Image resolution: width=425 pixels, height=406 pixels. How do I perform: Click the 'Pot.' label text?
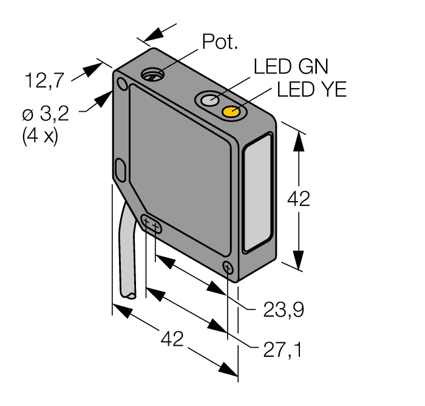(x=220, y=41)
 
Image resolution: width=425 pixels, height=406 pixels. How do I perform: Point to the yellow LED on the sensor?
(x=231, y=112)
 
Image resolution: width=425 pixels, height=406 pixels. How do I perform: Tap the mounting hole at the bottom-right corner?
(x=228, y=267)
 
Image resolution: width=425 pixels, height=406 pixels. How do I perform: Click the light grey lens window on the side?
(x=257, y=194)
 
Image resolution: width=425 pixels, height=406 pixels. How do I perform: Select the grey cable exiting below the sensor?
(x=130, y=255)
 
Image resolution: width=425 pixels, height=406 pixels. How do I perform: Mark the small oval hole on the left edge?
(x=120, y=169)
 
